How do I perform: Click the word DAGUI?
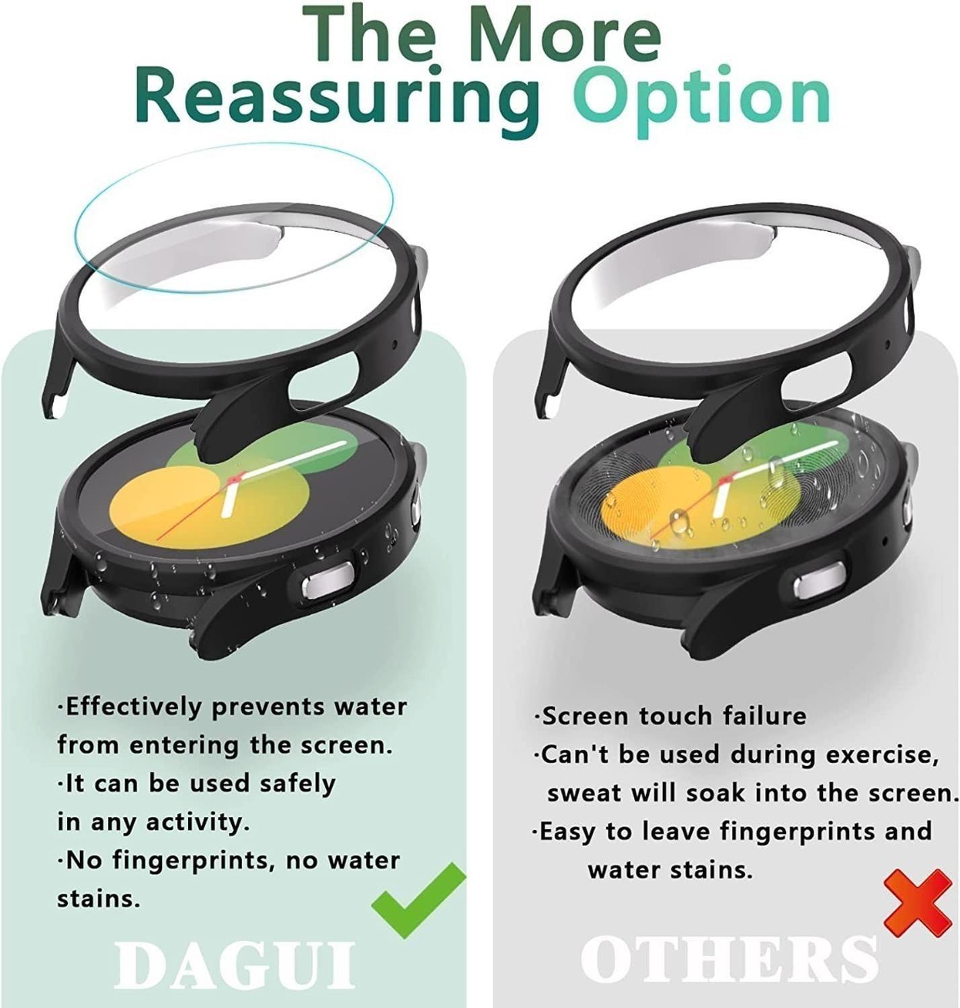pyautogui.click(x=235, y=966)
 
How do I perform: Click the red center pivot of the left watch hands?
pyautogui.click(x=233, y=480)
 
